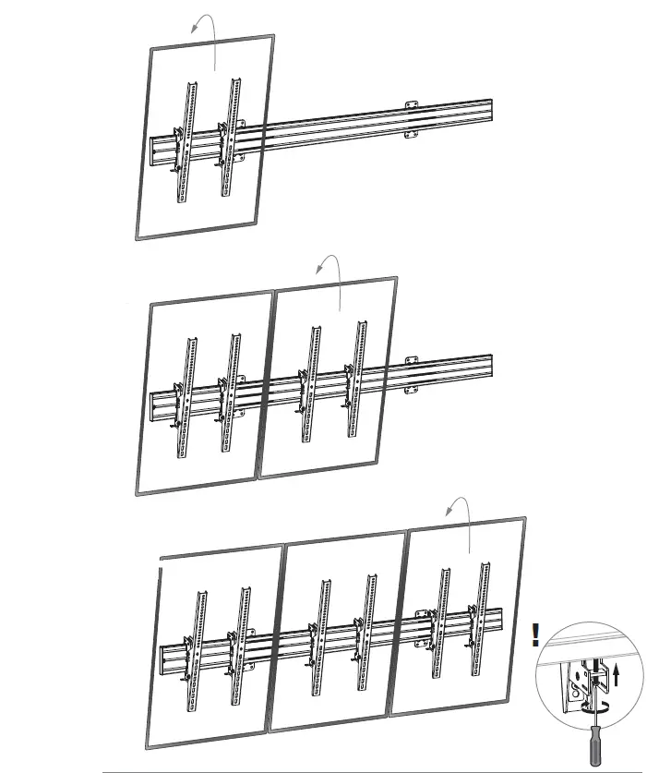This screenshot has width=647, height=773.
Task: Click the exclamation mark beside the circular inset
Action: [x=535, y=635]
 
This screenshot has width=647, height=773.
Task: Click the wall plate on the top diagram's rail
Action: [x=411, y=119]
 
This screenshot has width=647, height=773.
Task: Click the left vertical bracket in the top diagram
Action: [x=187, y=143]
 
